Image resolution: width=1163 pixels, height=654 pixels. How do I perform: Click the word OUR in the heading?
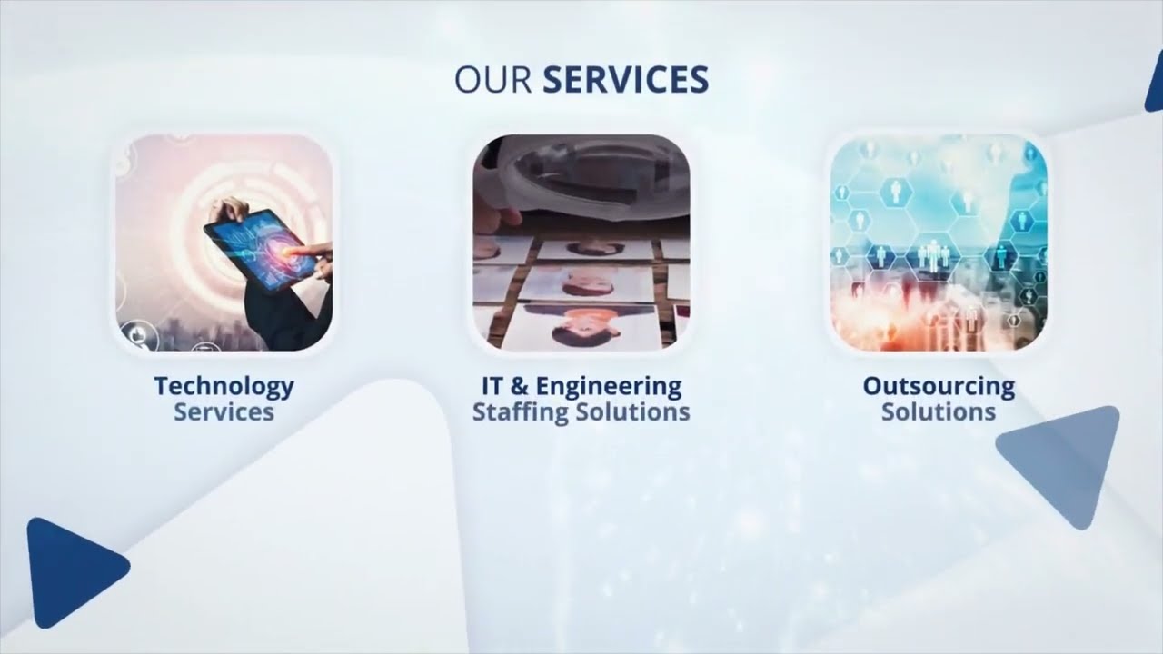[x=492, y=80]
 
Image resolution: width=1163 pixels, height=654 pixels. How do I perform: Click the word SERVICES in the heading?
[x=625, y=80]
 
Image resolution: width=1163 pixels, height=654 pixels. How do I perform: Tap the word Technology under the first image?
[x=224, y=386]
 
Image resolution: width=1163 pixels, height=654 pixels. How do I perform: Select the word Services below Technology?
[x=224, y=412]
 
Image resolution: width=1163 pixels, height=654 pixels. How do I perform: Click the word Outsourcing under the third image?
[x=939, y=386]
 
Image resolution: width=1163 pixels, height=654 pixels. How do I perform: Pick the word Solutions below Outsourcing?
[x=939, y=412]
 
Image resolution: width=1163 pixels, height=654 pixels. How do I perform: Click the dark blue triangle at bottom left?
[x=70, y=571]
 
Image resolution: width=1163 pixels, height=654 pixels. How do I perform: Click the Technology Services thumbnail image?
[x=224, y=243]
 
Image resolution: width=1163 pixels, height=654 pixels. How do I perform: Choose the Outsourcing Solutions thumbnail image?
[x=939, y=243]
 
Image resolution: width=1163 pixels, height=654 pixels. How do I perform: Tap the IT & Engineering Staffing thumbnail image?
[x=581, y=243]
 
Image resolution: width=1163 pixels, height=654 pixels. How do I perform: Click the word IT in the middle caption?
[x=492, y=386]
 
